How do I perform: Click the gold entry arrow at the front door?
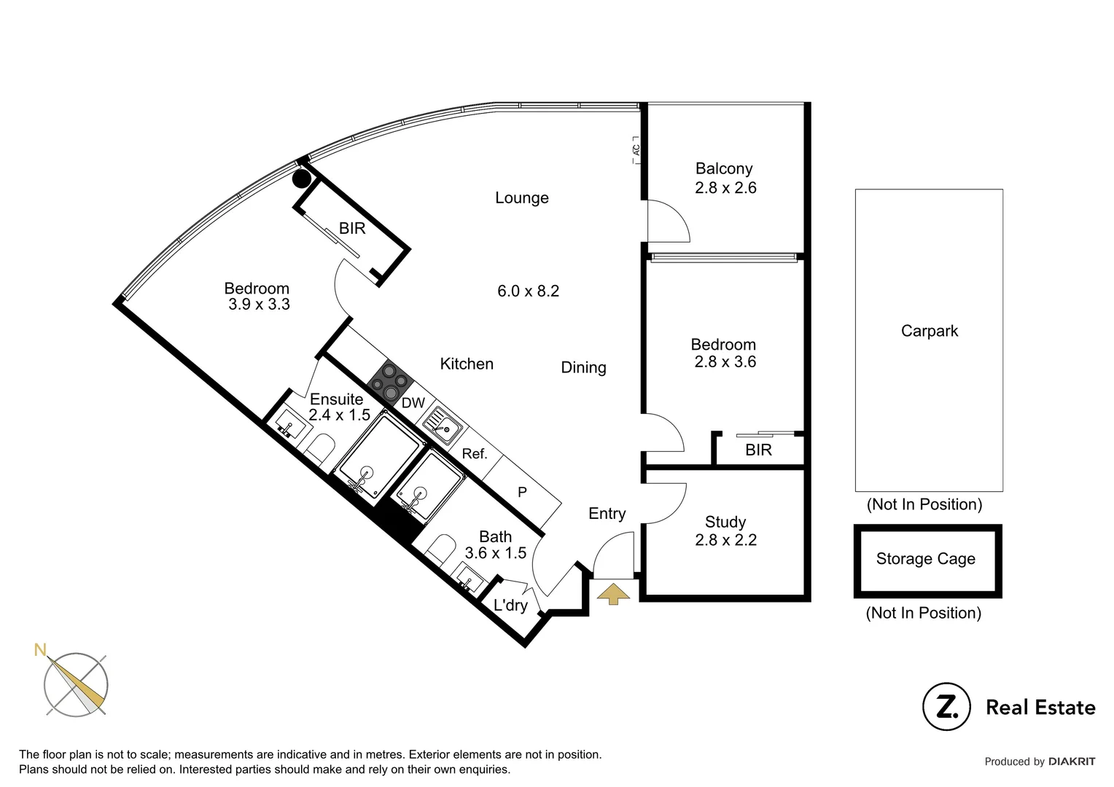click(x=613, y=593)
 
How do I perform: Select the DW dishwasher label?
click(x=413, y=403)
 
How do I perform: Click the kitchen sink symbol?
click(x=442, y=424)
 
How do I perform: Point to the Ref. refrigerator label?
click(x=475, y=454)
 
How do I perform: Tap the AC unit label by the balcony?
click(x=636, y=149)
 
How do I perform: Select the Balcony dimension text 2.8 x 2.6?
click(x=725, y=188)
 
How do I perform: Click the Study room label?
click(x=725, y=522)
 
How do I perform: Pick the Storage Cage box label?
click(x=925, y=559)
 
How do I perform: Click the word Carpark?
click(x=930, y=331)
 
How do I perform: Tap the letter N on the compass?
click(x=41, y=649)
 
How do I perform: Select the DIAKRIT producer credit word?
click(x=1072, y=761)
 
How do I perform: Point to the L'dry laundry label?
click(x=510, y=606)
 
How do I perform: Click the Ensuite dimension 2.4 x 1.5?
click(x=339, y=415)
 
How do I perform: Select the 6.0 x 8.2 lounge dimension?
click(x=528, y=291)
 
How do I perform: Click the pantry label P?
click(x=522, y=493)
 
